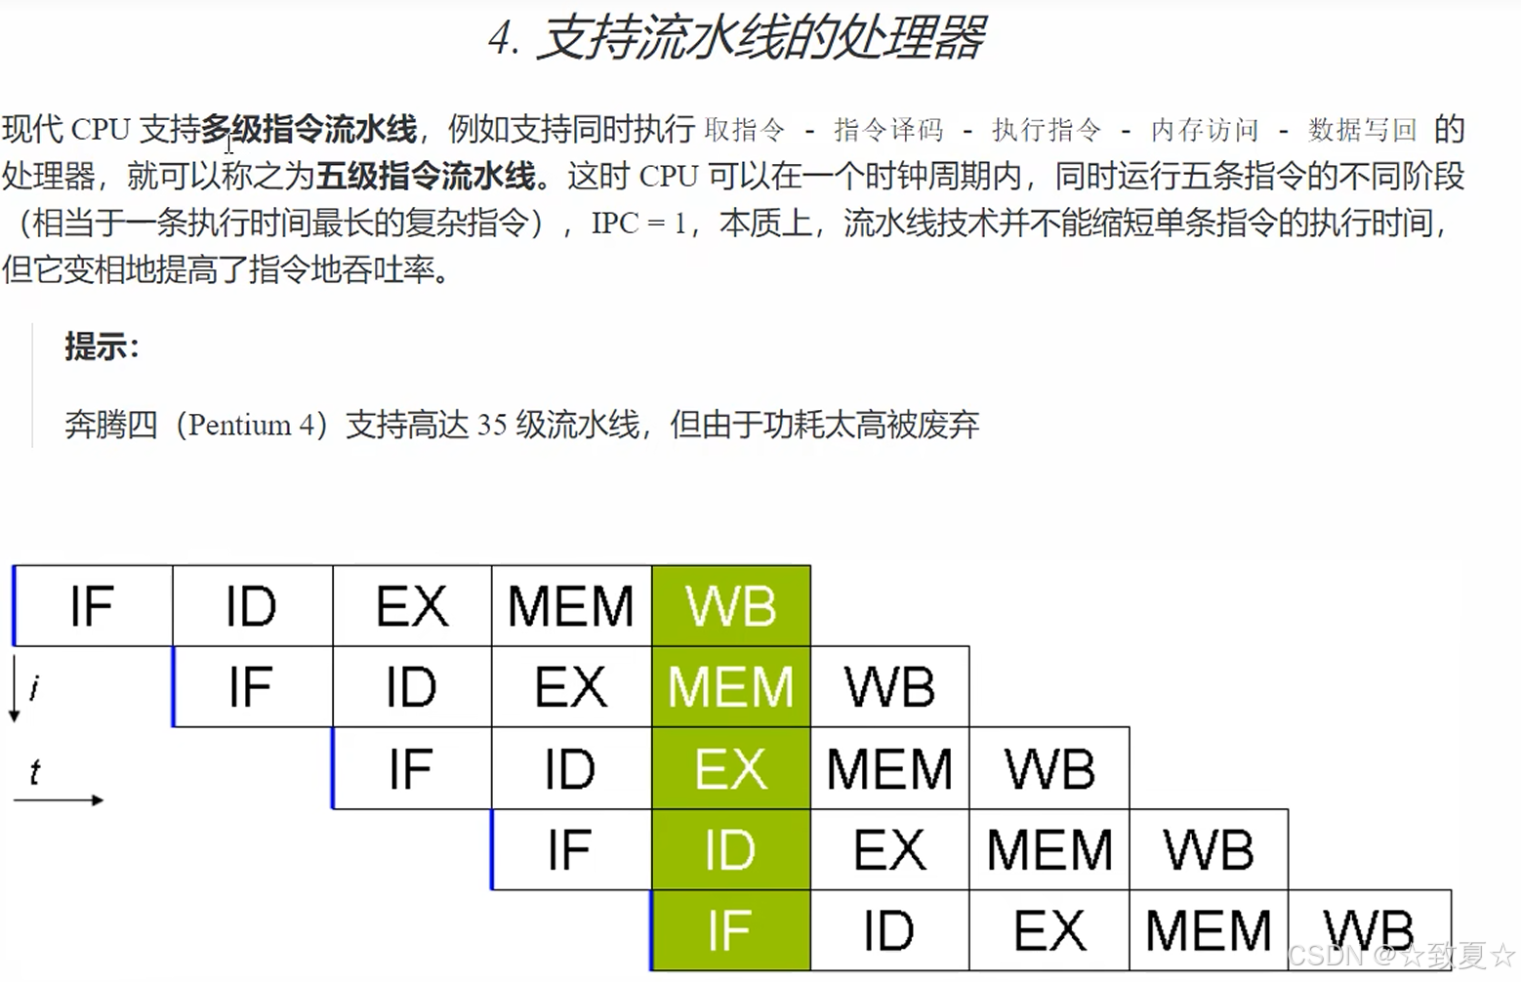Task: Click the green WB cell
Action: point(731,606)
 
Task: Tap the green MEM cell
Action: point(731,687)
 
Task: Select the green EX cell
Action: point(731,769)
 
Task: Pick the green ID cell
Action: point(731,850)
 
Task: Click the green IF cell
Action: point(731,930)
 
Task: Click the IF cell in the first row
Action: point(93,606)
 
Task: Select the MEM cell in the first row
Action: point(571,606)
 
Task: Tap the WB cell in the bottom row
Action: point(1369,930)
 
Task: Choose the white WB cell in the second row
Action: point(890,687)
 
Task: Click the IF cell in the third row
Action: point(411,769)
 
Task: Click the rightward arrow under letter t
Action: point(59,800)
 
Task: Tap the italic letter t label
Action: point(35,773)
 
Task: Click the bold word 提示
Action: point(101,347)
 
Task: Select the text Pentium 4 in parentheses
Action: point(252,426)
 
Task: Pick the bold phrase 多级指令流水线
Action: point(309,129)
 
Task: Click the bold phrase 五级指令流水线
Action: point(426,176)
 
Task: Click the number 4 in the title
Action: point(503,40)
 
